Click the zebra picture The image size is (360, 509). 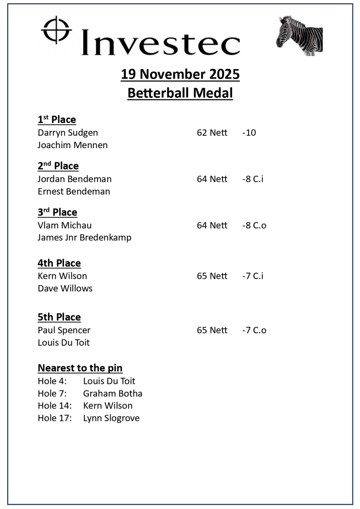300,36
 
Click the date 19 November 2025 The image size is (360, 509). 180,74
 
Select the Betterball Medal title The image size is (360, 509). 180,93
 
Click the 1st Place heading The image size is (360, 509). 57,119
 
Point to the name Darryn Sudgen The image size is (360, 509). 68,133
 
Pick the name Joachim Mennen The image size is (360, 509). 73,145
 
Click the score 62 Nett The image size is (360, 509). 212,133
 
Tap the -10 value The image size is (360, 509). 249,133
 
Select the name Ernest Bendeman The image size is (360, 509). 74,191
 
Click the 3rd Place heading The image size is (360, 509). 57,212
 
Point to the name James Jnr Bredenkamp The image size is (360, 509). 85,237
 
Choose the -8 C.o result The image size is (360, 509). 254,226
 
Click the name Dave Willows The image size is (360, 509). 65,288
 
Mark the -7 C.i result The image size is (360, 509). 253,276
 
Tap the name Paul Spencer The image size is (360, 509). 64,330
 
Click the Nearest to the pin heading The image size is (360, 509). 80,368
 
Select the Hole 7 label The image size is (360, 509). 52,394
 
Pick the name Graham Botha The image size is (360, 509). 113,394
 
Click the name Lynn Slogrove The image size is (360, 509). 111,418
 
